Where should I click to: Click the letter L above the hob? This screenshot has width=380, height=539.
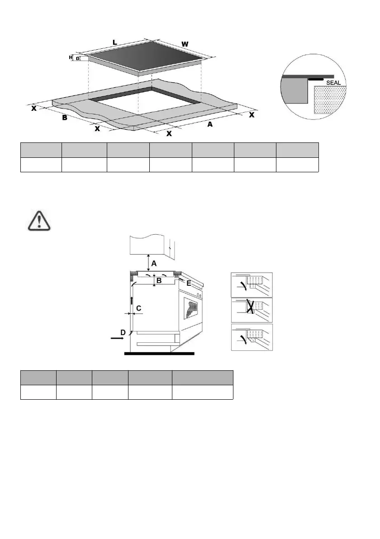click(x=115, y=42)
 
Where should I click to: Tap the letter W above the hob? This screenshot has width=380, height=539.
click(x=185, y=44)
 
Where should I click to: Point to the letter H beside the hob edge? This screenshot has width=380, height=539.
click(x=71, y=57)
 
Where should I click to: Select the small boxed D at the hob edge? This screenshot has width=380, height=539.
click(x=77, y=58)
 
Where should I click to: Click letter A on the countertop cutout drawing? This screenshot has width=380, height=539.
click(x=210, y=124)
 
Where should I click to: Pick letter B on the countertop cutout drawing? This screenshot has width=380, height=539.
click(x=65, y=118)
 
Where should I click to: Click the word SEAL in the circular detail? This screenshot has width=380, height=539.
click(x=333, y=83)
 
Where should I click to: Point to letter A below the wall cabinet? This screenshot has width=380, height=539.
click(x=154, y=263)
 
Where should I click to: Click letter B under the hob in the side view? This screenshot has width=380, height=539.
click(x=159, y=281)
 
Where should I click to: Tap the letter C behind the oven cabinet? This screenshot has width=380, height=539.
click(x=139, y=308)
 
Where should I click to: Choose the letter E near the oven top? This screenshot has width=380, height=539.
click(x=188, y=284)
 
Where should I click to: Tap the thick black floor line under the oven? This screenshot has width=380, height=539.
click(x=159, y=354)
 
